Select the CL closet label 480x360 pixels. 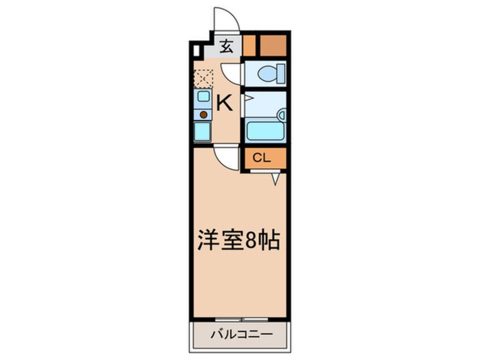[260, 158]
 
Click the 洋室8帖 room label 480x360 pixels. [238, 241]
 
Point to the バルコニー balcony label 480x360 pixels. [242, 334]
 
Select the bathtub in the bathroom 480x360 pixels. [265, 131]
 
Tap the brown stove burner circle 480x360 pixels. [203, 114]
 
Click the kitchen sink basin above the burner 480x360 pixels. [203, 97]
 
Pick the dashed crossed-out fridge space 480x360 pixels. [203, 78]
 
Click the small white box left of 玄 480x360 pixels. [196, 51]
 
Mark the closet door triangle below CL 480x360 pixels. [275, 178]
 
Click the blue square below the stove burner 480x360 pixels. [203, 132]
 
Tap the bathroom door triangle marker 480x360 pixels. [247, 98]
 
